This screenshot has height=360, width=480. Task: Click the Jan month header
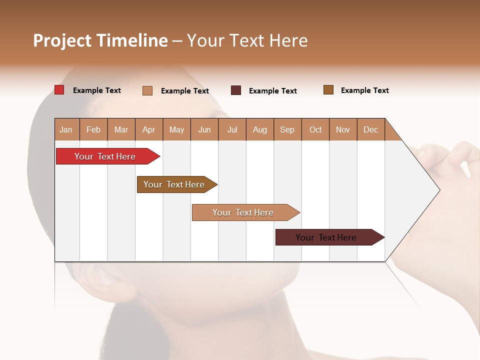tap(66, 129)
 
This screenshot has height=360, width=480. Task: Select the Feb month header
tap(93, 129)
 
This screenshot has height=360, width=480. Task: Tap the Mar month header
tap(121, 129)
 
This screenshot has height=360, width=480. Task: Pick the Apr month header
tap(149, 129)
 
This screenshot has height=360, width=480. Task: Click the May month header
tap(176, 129)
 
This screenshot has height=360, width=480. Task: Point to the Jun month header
tap(204, 129)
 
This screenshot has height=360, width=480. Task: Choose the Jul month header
tap(232, 129)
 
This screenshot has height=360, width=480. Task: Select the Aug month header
tap(260, 129)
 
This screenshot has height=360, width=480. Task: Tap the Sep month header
tap(287, 129)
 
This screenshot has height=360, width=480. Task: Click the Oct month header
tap(315, 129)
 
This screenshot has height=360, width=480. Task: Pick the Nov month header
tap(343, 129)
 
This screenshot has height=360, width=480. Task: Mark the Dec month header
tap(371, 129)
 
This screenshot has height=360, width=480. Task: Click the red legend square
tap(59, 90)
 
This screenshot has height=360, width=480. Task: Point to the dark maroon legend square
tap(236, 90)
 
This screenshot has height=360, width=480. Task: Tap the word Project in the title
tap(62, 40)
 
